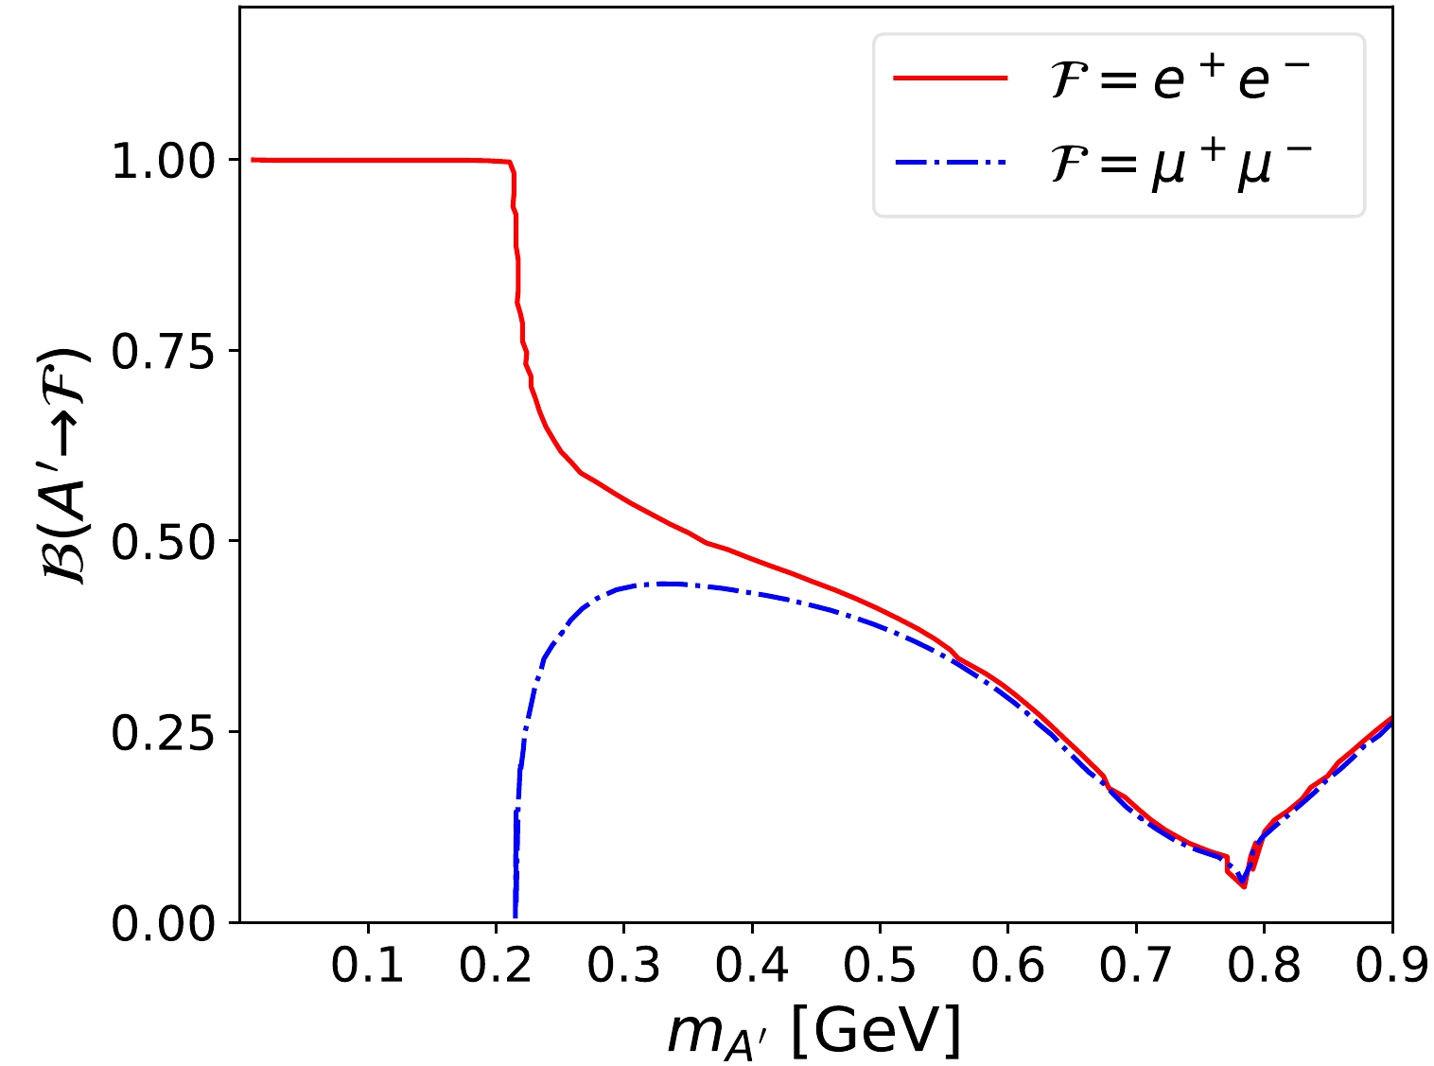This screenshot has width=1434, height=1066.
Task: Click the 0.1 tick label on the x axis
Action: [368, 966]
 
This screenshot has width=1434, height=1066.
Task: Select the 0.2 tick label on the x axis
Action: [496, 966]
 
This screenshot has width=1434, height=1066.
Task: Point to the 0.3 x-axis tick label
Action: [623, 966]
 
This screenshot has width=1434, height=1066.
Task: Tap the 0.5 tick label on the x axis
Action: [880, 966]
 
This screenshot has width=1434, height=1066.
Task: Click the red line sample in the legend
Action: [951, 79]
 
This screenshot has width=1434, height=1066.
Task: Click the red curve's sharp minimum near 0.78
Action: [1244, 887]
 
